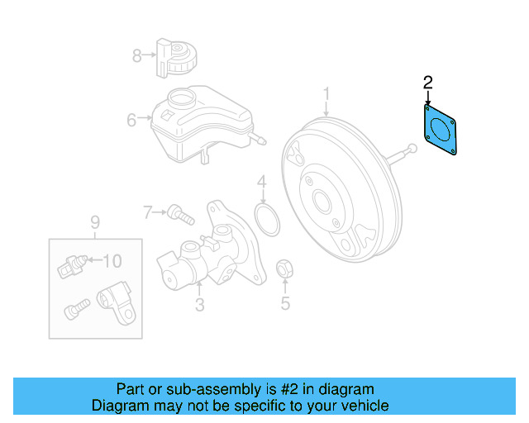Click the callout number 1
[326, 94]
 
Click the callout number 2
[427, 82]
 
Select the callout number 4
[261, 181]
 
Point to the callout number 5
[285, 303]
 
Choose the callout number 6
[131, 121]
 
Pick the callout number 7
[148, 212]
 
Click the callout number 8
[137, 55]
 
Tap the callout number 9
[94, 221]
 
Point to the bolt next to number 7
[179, 214]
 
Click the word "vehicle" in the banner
[362, 406]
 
